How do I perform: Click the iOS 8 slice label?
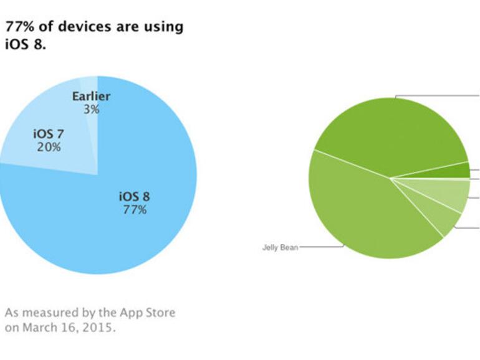(134, 197)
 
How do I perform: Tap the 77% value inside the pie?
(135, 210)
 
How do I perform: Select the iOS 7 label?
(48, 134)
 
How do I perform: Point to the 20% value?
(48, 147)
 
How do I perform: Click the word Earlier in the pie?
(91, 97)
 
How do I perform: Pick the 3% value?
(91, 109)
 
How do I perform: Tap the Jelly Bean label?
(280, 247)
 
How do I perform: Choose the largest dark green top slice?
(390, 134)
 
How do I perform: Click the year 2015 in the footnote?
(103, 327)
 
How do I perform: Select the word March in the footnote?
(40, 327)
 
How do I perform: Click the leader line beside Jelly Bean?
(321, 247)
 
